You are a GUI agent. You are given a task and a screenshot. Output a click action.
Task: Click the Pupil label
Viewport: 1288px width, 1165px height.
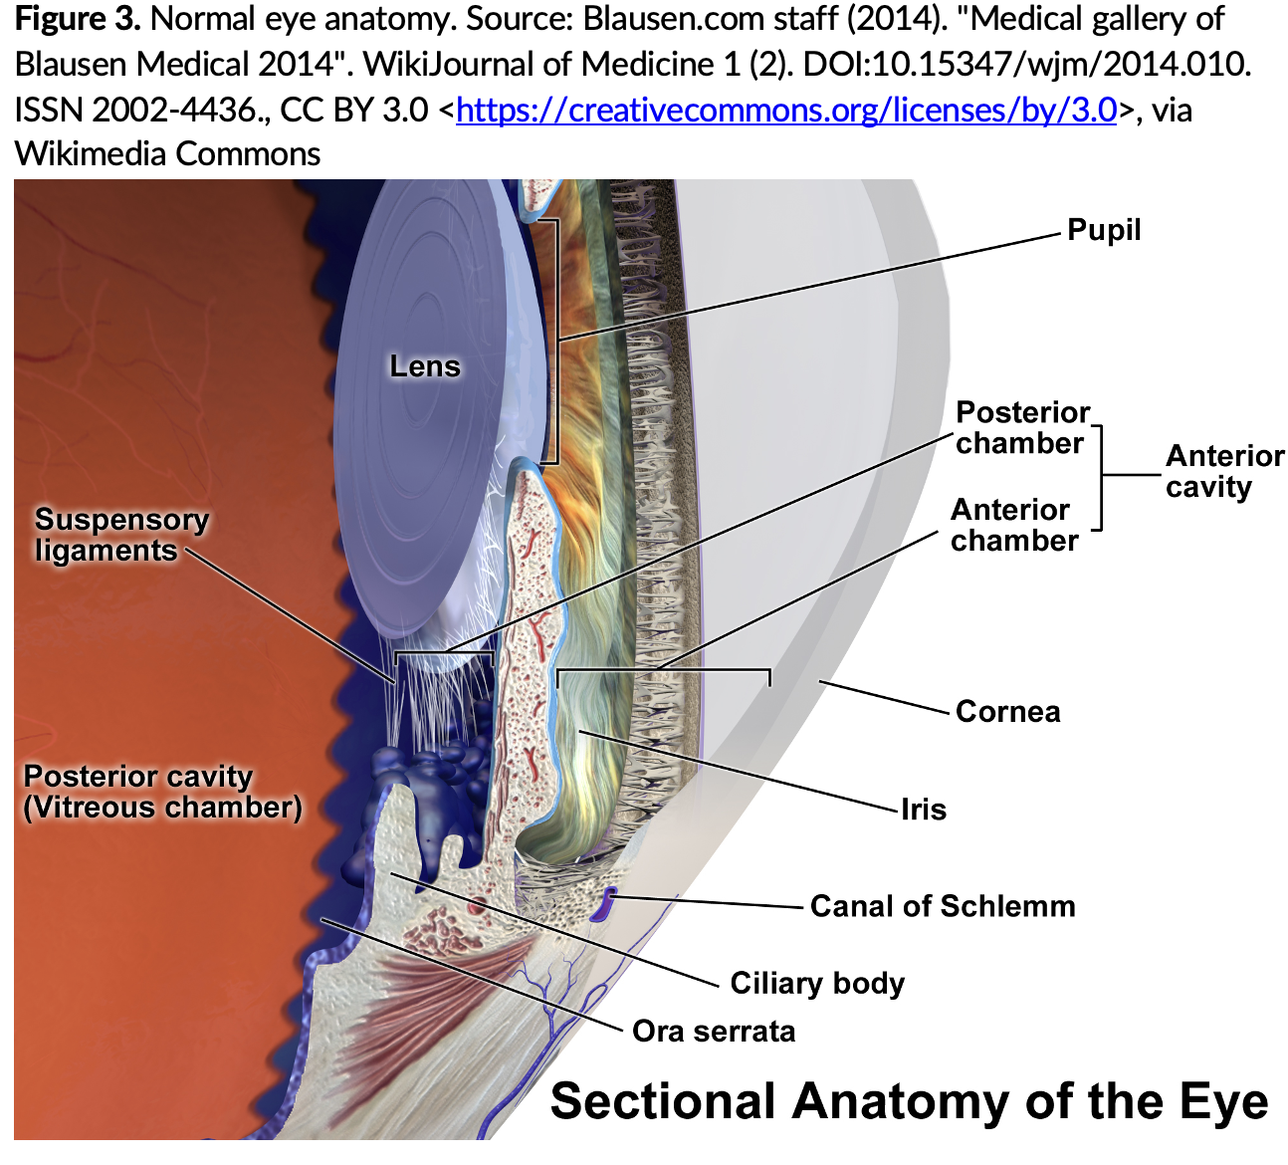[x=1103, y=230]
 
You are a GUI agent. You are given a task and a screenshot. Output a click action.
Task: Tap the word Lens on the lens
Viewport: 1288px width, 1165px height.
[x=425, y=366]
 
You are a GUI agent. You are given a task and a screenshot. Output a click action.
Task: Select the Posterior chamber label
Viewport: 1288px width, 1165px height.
[x=1021, y=427]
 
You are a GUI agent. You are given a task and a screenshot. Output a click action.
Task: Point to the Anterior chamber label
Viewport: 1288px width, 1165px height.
[x=1012, y=525]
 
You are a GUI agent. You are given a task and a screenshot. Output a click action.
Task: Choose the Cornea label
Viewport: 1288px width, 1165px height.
[x=1007, y=712]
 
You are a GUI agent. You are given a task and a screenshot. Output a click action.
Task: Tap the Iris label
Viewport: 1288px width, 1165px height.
[x=923, y=810]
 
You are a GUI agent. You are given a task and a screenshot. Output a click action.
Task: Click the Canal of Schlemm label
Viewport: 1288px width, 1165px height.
[x=942, y=906]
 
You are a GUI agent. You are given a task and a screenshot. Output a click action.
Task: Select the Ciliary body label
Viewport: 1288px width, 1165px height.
[x=816, y=984]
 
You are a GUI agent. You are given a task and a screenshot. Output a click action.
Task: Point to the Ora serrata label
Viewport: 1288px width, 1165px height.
[x=714, y=1032]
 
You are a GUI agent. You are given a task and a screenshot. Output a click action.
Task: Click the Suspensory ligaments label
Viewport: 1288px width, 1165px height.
[x=121, y=535]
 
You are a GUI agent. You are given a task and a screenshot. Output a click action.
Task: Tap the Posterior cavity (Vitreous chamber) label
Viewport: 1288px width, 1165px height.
[x=161, y=792]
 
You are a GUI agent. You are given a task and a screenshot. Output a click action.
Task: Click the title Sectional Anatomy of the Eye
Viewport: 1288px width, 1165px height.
[x=908, y=1102]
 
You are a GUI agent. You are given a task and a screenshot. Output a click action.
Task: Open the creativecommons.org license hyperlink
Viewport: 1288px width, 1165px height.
[x=785, y=110]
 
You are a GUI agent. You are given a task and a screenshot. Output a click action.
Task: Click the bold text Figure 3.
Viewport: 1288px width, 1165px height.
[x=77, y=20]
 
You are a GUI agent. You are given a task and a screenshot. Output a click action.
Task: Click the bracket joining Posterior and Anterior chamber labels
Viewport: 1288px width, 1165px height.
[x=1101, y=476]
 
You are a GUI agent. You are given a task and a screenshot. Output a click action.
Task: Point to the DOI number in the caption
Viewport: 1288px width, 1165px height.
[x=1025, y=65]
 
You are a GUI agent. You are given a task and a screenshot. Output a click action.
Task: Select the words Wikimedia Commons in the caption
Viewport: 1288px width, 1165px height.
[x=167, y=154]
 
